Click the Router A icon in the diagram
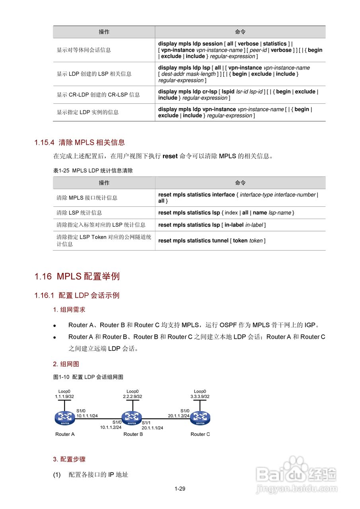tap(65, 418)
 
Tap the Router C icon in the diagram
tap(200, 418)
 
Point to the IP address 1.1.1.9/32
tap(64, 396)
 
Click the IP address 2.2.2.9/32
tap(132, 396)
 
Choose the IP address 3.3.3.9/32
tap(200, 396)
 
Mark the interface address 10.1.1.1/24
tap(88, 416)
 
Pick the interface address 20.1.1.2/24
tap(179, 416)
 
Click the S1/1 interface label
tap(146, 423)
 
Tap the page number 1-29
tap(180, 489)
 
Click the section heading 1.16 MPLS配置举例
tap(77, 276)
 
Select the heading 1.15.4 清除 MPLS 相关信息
tap(80, 142)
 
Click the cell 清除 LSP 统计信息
tap(79, 213)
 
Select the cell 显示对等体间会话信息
tap(84, 50)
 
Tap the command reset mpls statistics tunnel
tap(193, 241)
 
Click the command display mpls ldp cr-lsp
tap(188, 91)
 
